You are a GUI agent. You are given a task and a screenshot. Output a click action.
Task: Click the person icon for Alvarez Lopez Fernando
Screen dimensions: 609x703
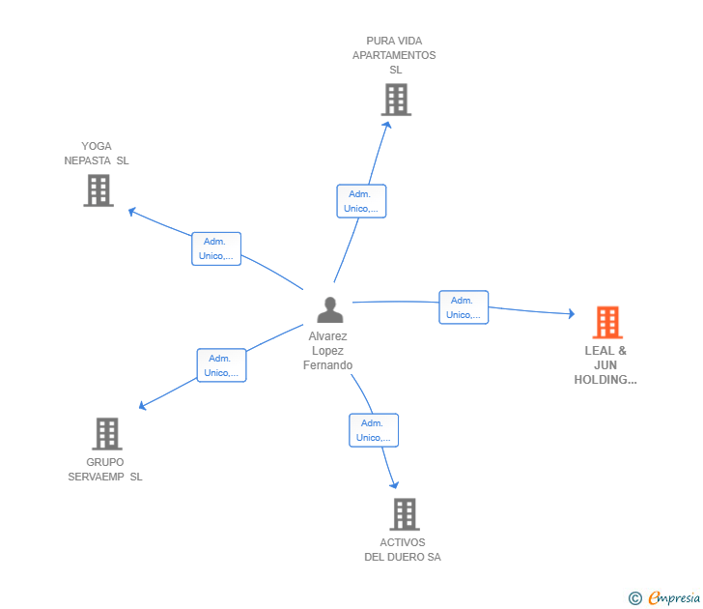[x=330, y=309]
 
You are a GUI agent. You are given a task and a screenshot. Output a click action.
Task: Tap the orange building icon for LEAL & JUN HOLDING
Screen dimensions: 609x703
[x=607, y=322]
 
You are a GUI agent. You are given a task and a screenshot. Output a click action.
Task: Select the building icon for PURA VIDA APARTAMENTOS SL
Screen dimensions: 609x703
[x=395, y=99]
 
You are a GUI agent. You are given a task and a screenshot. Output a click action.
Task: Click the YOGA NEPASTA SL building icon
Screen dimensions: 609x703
[x=98, y=190]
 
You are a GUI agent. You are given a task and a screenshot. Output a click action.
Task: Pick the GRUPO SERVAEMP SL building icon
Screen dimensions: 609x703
[x=106, y=434]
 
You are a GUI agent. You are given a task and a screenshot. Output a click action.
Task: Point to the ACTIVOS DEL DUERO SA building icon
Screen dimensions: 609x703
[x=404, y=514]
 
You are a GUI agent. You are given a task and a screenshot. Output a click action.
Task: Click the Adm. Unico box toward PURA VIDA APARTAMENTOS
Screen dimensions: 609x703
[x=361, y=201]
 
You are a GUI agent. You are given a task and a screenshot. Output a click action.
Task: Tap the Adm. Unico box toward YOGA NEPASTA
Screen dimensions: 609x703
[x=216, y=248]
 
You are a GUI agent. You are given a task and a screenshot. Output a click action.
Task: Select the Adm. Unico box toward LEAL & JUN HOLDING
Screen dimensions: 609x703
[x=464, y=307]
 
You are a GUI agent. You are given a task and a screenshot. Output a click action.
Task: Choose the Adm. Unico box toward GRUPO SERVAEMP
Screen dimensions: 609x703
[x=222, y=365]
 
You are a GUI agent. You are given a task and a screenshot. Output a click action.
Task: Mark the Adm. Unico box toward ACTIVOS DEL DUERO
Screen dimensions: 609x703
[x=374, y=430]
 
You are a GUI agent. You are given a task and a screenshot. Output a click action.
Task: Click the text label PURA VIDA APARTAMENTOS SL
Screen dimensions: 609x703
[x=394, y=55]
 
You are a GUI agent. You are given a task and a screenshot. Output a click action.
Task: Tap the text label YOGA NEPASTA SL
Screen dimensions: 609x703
[x=97, y=154]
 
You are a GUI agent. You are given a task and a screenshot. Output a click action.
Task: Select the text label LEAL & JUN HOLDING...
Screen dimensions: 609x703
[x=605, y=365]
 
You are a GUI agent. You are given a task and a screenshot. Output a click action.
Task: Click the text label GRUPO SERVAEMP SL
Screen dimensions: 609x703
[x=105, y=469]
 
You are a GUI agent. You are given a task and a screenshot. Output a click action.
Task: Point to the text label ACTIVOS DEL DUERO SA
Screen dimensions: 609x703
[x=403, y=549]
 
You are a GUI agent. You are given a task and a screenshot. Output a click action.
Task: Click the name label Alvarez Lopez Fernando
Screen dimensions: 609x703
[x=328, y=351]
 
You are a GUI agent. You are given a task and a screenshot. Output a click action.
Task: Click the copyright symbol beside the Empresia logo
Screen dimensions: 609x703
[x=635, y=598]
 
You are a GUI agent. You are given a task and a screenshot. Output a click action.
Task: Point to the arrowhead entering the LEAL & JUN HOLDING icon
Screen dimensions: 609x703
[x=571, y=313]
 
